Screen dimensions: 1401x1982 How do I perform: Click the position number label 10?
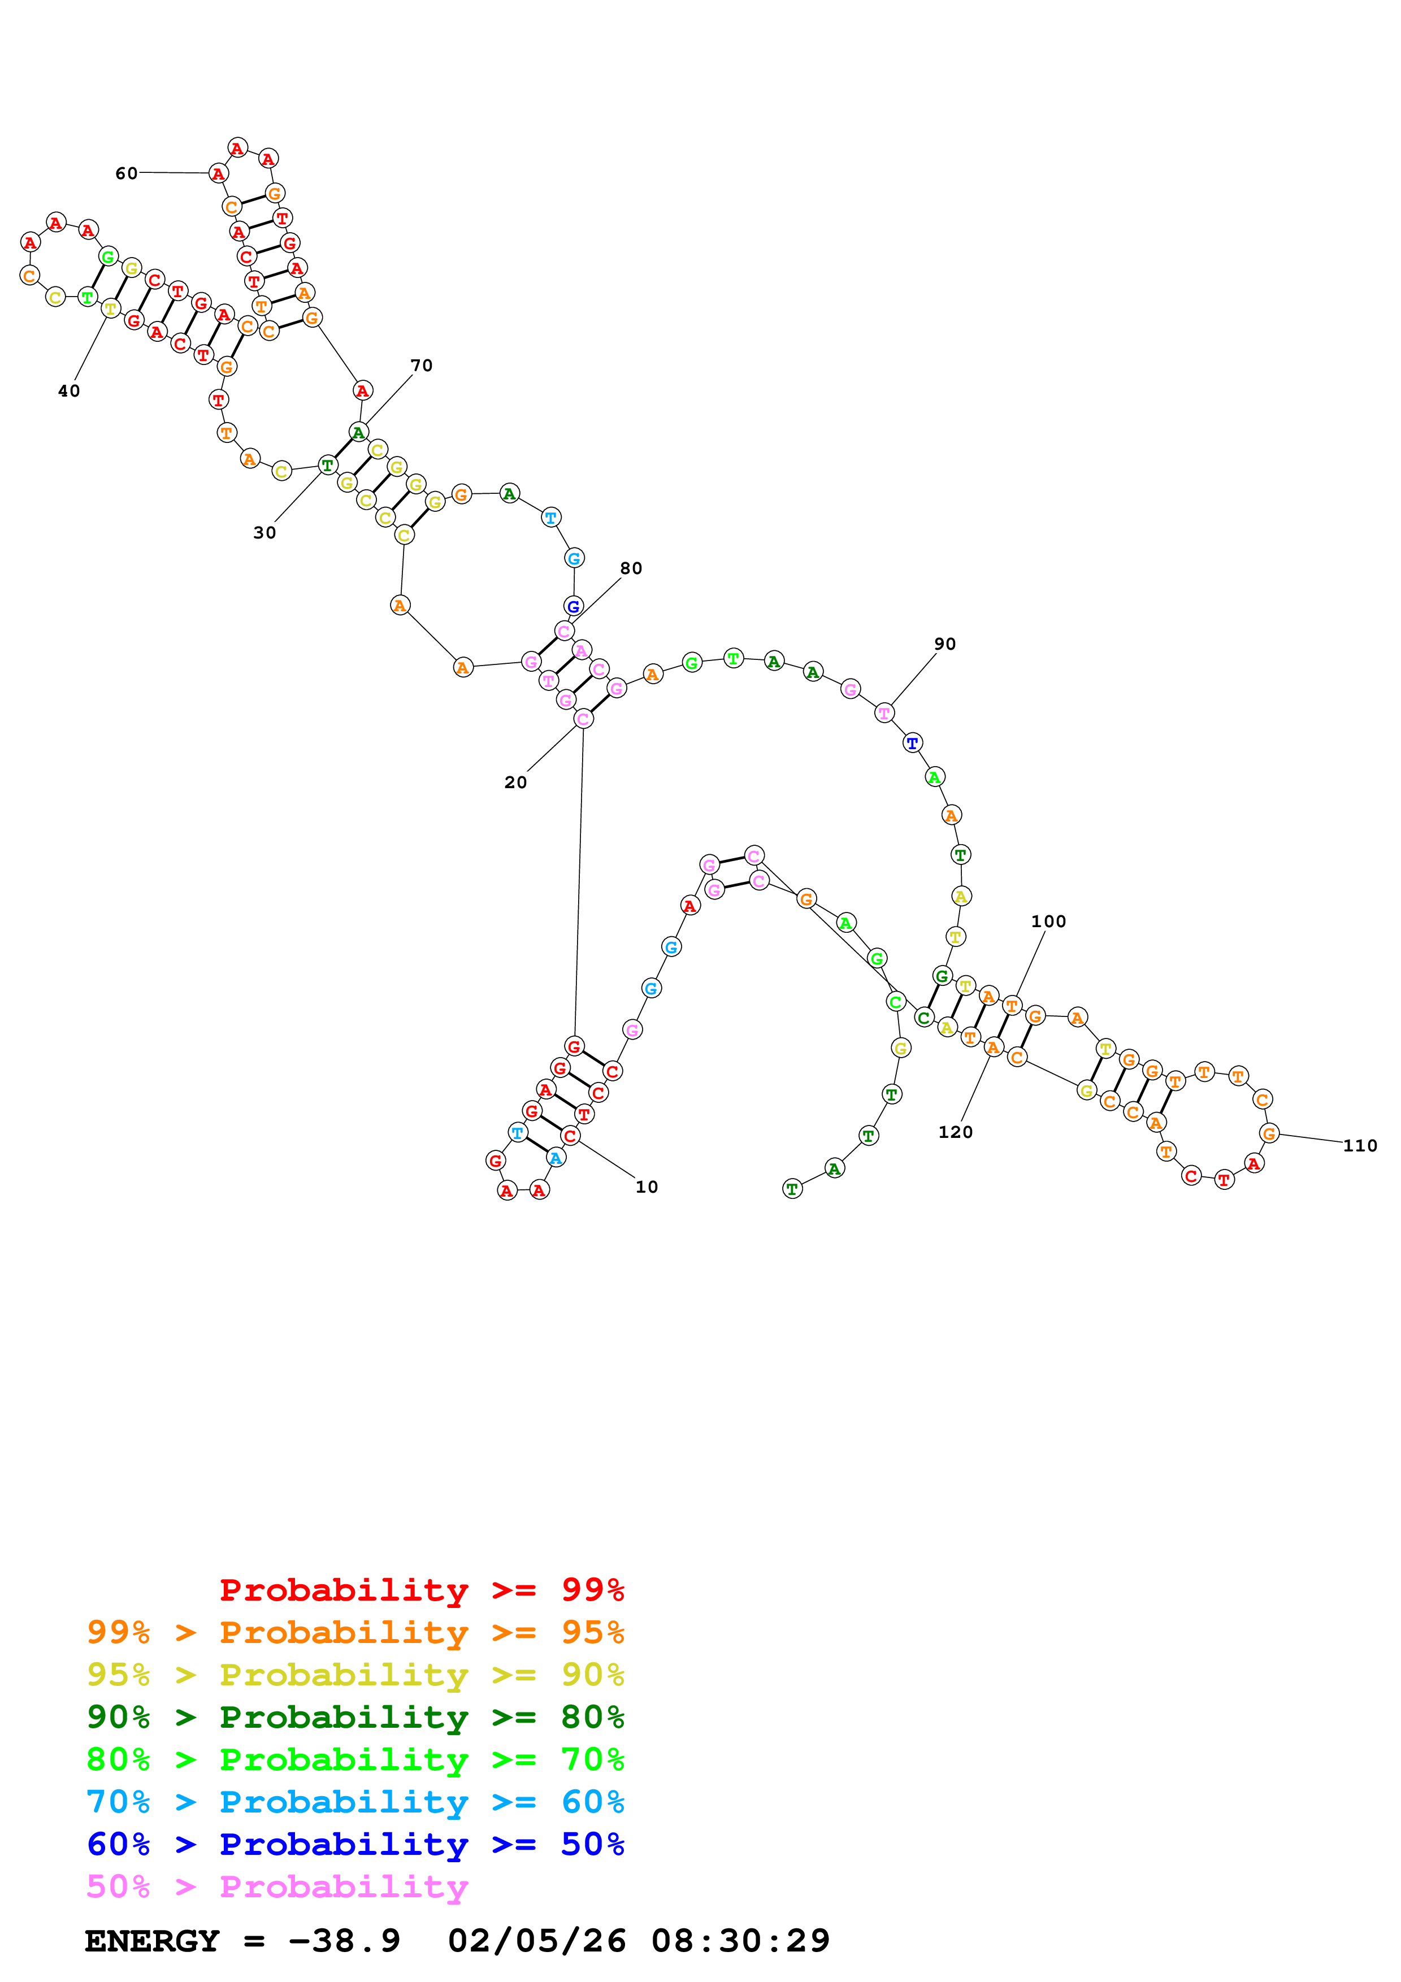[647, 1187]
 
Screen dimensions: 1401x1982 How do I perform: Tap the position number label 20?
[515, 782]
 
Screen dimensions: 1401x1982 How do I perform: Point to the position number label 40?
[69, 391]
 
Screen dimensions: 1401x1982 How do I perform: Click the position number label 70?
[421, 365]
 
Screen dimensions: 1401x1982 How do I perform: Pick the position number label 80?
[631, 568]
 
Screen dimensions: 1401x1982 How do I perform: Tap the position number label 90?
[945, 644]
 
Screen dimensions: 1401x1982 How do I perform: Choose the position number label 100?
[1049, 921]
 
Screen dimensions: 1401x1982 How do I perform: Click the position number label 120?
[956, 1132]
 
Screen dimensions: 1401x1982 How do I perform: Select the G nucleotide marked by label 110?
[1268, 1133]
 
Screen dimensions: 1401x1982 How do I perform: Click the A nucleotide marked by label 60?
[218, 173]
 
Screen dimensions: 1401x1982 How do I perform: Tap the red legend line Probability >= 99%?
[422, 1589]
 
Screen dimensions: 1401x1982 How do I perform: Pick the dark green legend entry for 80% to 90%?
[355, 1717]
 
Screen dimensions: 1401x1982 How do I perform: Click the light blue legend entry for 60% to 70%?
[355, 1802]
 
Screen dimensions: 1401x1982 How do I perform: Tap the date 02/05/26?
[537, 1941]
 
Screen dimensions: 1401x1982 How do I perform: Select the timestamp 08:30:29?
[741, 1941]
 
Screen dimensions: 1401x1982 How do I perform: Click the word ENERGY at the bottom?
[152, 1941]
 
